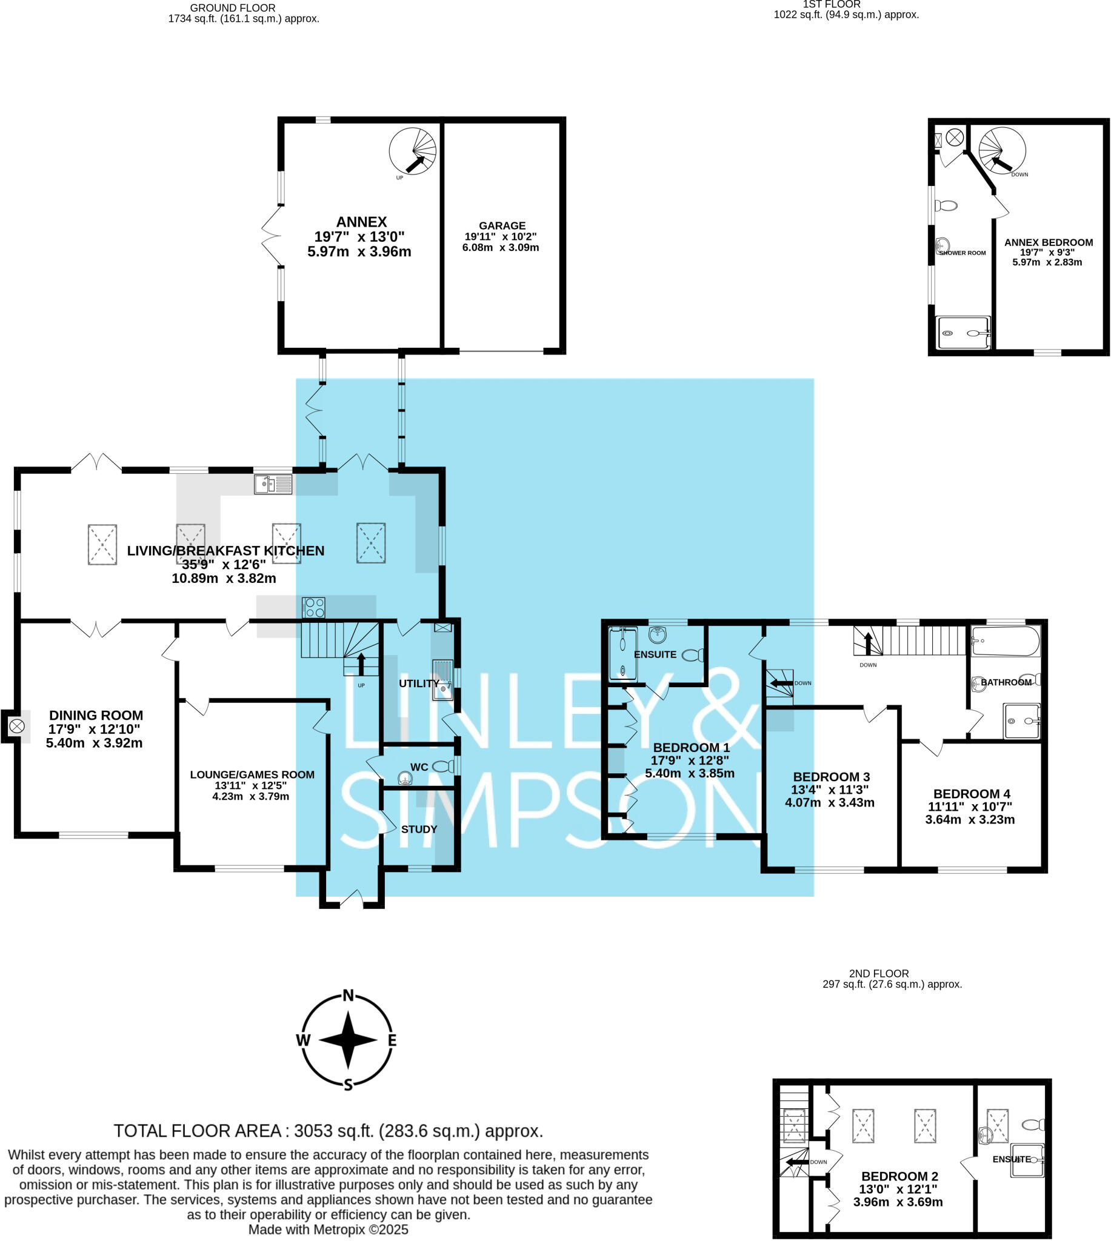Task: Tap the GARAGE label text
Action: tap(502, 226)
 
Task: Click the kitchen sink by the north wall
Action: tap(273, 484)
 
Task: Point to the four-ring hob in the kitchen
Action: tap(314, 608)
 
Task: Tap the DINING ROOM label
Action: tap(96, 715)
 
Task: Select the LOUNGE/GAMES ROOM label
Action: tap(252, 774)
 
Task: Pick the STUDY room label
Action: tap(419, 829)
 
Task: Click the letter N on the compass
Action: tap(348, 996)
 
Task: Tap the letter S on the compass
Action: tap(348, 1085)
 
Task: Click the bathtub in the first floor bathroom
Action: tap(1005, 640)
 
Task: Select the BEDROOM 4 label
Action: tap(971, 794)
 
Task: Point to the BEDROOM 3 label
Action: tap(831, 777)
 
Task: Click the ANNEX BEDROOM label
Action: tap(1048, 242)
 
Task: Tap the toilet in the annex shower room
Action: tap(946, 205)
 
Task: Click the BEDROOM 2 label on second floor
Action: tap(899, 1176)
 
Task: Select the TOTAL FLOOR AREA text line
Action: tap(329, 1131)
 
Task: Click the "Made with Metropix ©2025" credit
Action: tap(328, 1229)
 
